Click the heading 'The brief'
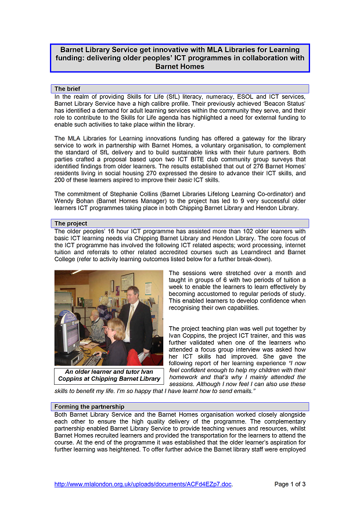click(67, 89)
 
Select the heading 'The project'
click(71, 223)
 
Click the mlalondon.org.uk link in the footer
click(143, 484)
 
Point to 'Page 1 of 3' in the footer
click(290, 484)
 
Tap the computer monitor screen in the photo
click(68, 333)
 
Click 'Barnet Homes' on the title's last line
click(180, 66)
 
